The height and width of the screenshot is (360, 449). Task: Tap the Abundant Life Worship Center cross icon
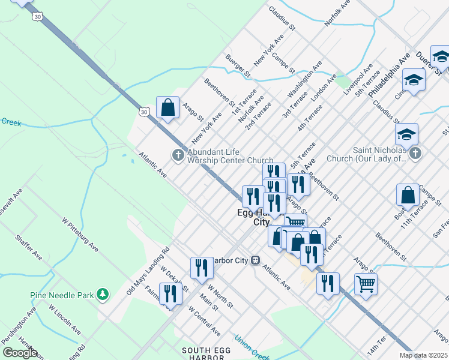(178, 155)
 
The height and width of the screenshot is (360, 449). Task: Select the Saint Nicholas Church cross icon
(415, 154)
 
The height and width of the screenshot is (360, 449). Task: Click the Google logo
(20, 353)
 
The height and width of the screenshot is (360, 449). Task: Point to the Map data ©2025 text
(424, 355)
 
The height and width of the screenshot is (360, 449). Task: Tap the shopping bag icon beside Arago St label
(168, 108)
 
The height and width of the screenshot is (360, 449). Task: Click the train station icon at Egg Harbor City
(255, 260)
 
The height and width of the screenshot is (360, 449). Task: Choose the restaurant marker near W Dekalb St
(171, 293)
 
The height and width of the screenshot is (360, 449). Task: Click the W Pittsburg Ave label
(80, 233)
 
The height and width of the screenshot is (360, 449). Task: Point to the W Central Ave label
(204, 321)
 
